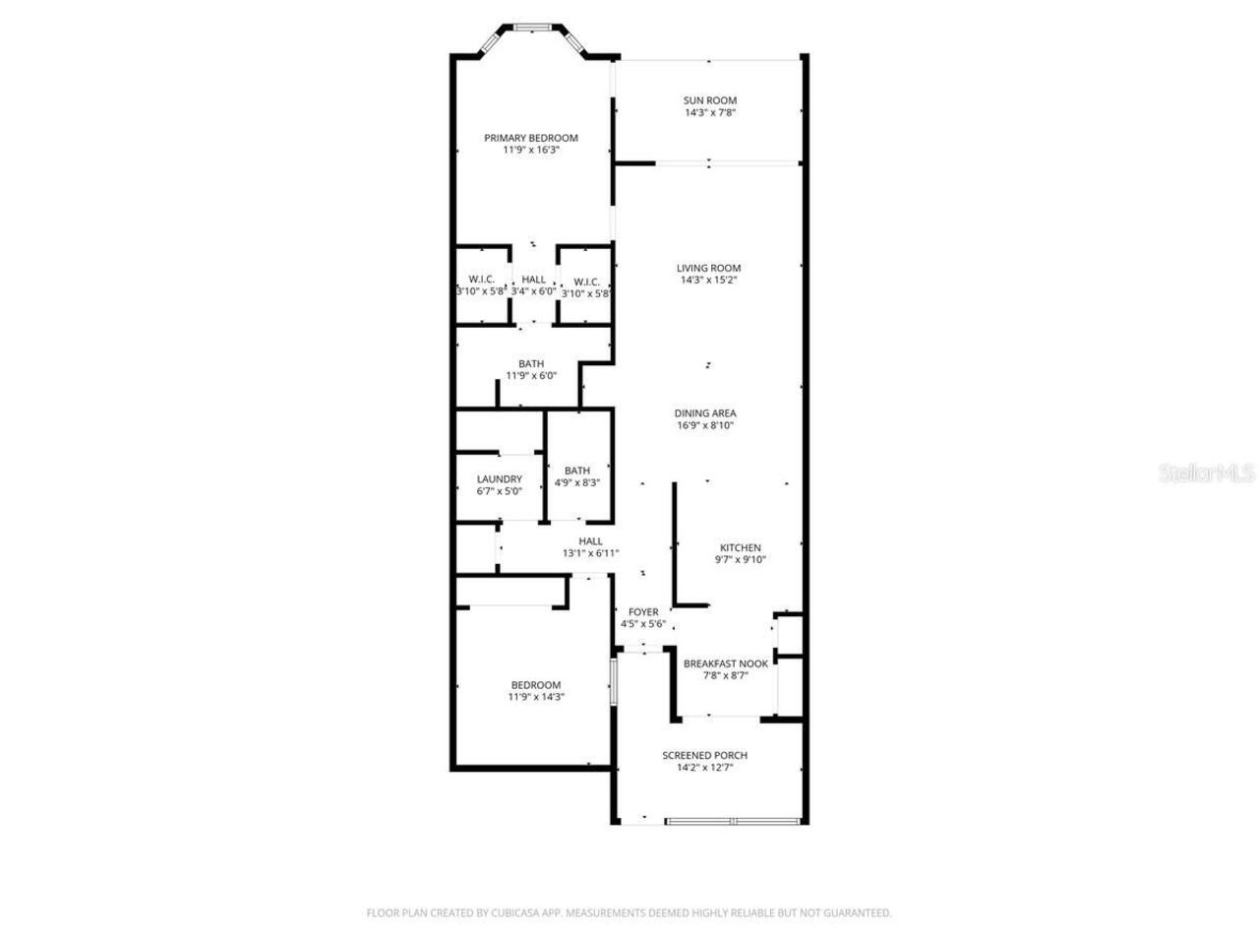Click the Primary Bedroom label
point(531,138)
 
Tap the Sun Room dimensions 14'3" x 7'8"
point(710,113)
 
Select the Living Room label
point(708,268)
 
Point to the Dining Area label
point(705,413)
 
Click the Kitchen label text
point(741,548)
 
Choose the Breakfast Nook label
point(726,663)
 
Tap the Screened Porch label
point(704,755)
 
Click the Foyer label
point(643,612)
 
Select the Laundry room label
point(500,479)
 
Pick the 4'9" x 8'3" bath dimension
point(577,483)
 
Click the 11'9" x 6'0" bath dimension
point(531,376)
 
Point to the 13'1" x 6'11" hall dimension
point(590,554)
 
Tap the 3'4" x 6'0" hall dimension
point(534,291)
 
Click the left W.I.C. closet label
point(481,280)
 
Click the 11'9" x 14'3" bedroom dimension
point(536,697)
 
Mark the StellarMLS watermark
point(1208,473)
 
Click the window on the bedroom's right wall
point(612,681)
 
